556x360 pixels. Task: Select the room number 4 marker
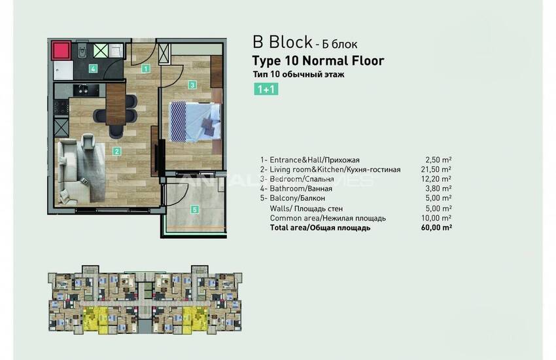click(x=94, y=68)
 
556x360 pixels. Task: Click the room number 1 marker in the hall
click(x=146, y=68)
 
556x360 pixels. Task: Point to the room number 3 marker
click(x=192, y=84)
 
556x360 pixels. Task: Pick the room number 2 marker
click(x=116, y=152)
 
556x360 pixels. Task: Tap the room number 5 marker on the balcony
click(x=194, y=209)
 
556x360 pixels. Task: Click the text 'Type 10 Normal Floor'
click(x=318, y=62)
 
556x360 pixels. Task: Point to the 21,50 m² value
click(x=438, y=169)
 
